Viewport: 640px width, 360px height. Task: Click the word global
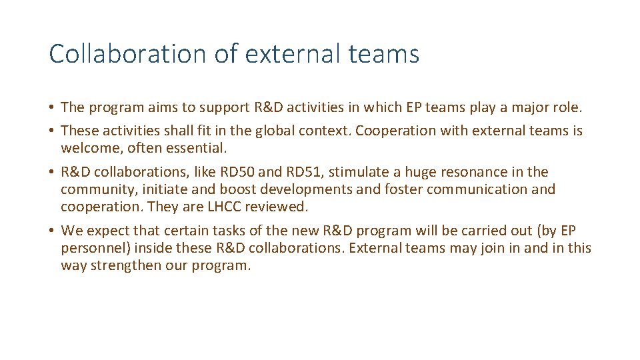[x=259, y=131]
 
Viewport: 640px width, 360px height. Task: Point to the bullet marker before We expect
[x=51, y=231]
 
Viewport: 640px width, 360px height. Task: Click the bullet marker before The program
[x=51, y=107]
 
